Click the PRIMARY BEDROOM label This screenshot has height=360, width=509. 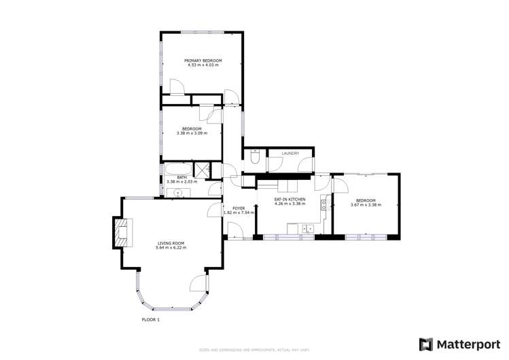pyautogui.click(x=203, y=60)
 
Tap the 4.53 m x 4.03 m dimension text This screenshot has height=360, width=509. pyautogui.click(x=203, y=66)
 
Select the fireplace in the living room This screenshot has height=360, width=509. pyautogui.click(x=122, y=231)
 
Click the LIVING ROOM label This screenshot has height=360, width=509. pyautogui.click(x=171, y=242)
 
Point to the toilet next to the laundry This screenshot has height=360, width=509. pyautogui.click(x=254, y=158)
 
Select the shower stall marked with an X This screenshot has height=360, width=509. pyautogui.click(x=203, y=170)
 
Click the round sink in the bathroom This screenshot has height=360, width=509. pyautogui.click(x=178, y=193)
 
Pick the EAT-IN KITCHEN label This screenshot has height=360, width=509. pyautogui.click(x=289, y=199)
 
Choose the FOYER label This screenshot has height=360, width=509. pyautogui.click(x=239, y=208)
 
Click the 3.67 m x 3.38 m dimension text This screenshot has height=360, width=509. pyautogui.click(x=365, y=204)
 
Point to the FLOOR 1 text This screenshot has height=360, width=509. pyautogui.click(x=150, y=319)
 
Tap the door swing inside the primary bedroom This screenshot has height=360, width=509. pyautogui.click(x=175, y=86)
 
